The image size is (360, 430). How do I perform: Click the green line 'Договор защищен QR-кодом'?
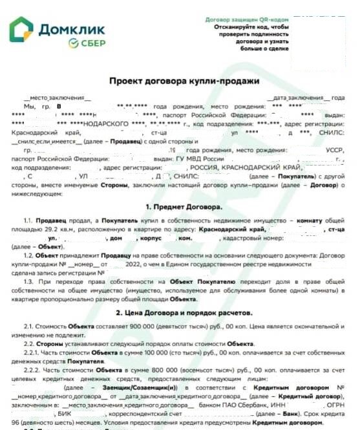[x=246, y=19]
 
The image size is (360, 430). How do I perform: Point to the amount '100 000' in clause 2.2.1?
[x=145, y=354]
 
